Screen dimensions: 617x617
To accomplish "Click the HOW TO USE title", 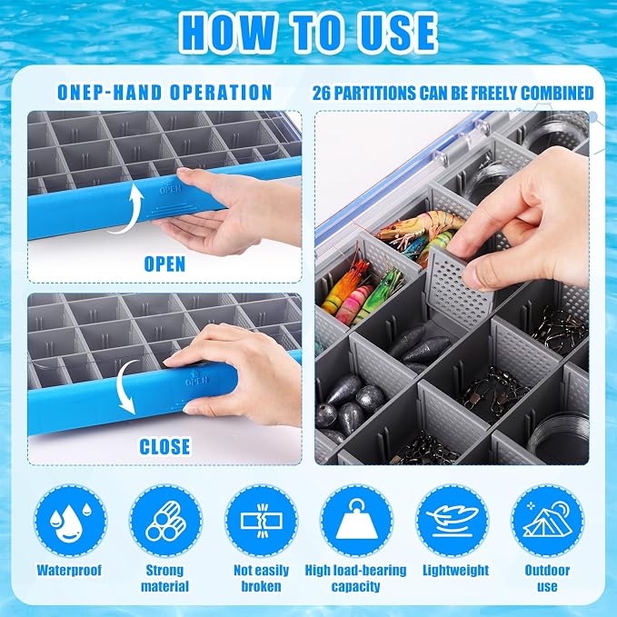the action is pyautogui.click(x=309, y=33).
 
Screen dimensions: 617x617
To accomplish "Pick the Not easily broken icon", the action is pyautogui.click(x=262, y=520).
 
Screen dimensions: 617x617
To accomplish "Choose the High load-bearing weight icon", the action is pyautogui.click(x=356, y=520).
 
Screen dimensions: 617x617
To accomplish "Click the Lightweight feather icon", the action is pyautogui.click(x=453, y=520).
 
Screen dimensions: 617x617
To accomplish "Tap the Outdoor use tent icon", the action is pyautogui.click(x=547, y=520).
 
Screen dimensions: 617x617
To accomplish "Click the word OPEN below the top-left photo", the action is pyautogui.click(x=164, y=264).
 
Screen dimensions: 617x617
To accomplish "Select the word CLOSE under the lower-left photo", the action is pyautogui.click(x=164, y=446).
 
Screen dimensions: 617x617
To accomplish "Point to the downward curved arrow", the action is pyautogui.click(x=125, y=388).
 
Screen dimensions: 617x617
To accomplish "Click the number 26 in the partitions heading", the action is pyautogui.click(x=321, y=94).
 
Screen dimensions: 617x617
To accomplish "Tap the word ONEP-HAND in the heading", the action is pyautogui.click(x=109, y=93).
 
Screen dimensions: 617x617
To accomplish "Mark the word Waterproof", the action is pyautogui.click(x=69, y=570).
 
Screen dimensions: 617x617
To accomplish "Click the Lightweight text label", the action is pyautogui.click(x=455, y=570).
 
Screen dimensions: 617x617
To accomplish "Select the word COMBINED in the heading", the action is pyautogui.click(x=557, y=94).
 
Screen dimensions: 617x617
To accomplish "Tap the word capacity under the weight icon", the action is pyautogui.click(x=355, y=586).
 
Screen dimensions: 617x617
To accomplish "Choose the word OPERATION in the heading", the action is pyautogui.click(x=221, y=93).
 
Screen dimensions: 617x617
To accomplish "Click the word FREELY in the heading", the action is pyautogui.click(x=494, y=94).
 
